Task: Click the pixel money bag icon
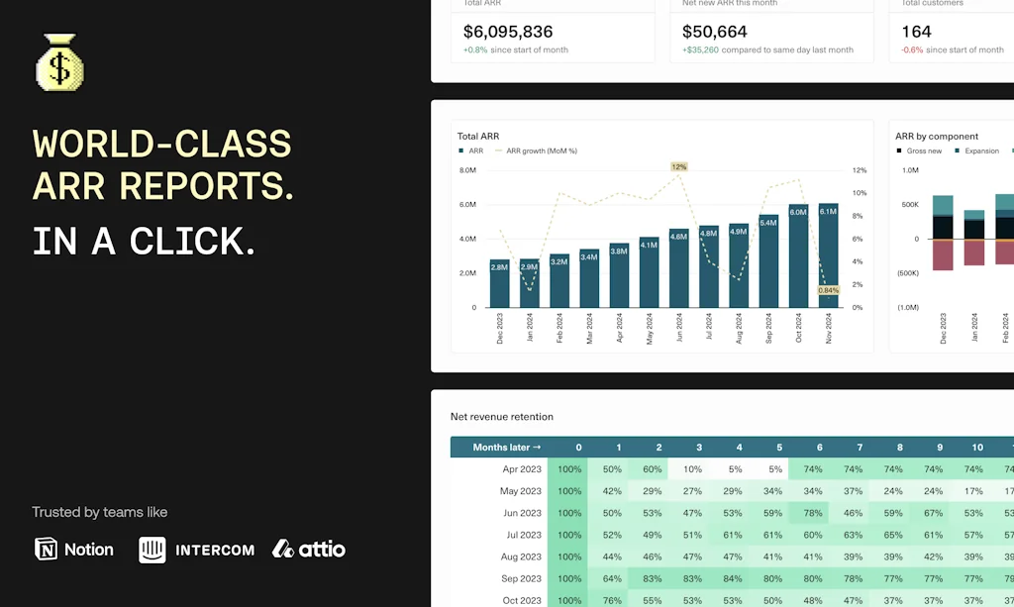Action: (60, 63)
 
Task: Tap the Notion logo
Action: (74, 549)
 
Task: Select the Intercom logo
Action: (196, 549)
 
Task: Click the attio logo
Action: (309, 549)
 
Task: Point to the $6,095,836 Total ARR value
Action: (508, 32)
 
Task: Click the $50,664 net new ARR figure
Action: (715, 32)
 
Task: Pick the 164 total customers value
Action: (916, 32)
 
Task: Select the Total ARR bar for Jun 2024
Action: (678, 267)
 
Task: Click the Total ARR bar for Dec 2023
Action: (499, 283)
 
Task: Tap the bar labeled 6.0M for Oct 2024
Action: (798, 255)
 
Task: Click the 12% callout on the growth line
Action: (678, 167)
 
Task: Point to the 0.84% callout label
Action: (829, 290)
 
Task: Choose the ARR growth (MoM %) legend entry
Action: (541, 152)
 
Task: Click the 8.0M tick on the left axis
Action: (467, 170)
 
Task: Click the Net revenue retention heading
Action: (502, 417)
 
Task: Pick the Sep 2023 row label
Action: (522, 578)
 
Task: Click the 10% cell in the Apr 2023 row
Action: (692, 469)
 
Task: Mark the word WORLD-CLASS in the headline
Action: (162, 145)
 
